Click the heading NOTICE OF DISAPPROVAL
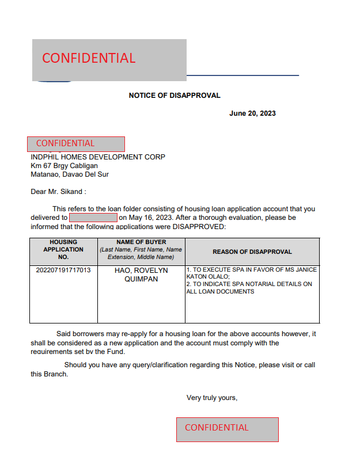[175, 96]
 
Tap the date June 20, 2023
[252, 113]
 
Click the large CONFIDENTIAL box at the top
[109, 59]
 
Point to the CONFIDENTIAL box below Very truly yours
[227, 429]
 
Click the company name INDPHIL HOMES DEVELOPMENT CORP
[98, 157]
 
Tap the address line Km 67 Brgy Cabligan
[64, 166]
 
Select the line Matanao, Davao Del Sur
[70, 174]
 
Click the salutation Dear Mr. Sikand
[58, 192]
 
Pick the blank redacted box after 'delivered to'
[93, 218]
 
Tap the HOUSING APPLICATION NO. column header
[63, 250]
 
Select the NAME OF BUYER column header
[141, 250]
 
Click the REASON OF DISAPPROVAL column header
[252, 252]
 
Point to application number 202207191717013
[63, 270]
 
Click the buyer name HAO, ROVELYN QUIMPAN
[141, 275]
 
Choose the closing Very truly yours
[212, 398]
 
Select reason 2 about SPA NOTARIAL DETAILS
[249, 288]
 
